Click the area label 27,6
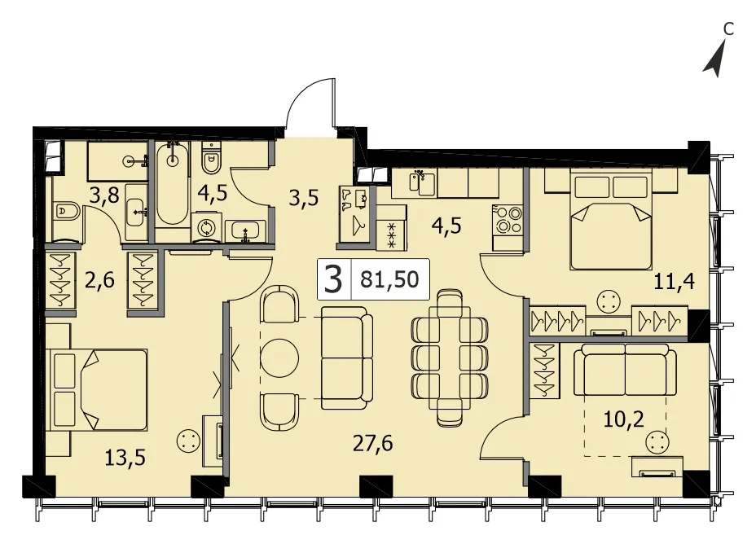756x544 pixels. click(x=372, y=443)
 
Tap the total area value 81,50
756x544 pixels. click(x=389, y=279)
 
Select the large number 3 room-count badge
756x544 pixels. click(x=333, y=279)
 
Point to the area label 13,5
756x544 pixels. click(x=125, y=458)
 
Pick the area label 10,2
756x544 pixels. click(x=623, y=419)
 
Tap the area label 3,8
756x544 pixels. click(x=104, y=195)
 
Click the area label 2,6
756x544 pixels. click(x=100, y=280)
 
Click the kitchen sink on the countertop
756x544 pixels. click(x=422, y=182)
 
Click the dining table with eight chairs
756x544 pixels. click(x=450, y=358)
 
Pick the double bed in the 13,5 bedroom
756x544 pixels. click(x=99, y=390)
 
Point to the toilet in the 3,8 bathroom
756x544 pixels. click(x=65, y=211)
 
